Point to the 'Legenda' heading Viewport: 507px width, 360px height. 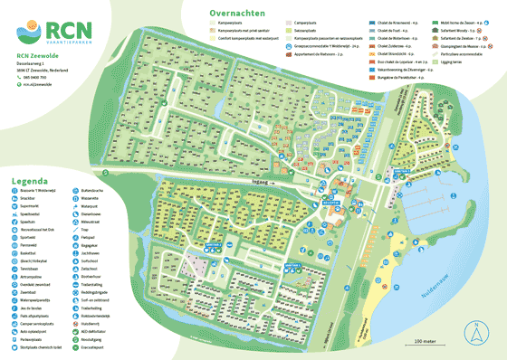click(28, 182)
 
